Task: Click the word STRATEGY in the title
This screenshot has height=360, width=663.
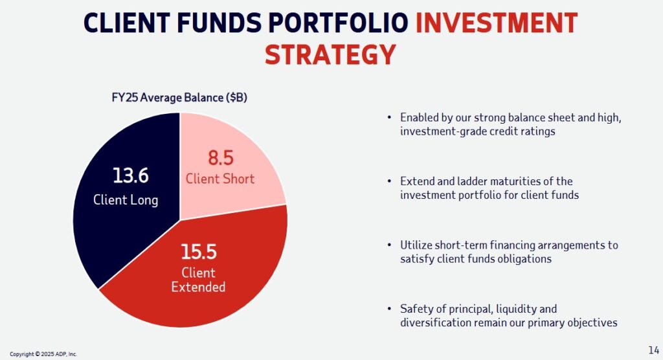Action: [330, 54]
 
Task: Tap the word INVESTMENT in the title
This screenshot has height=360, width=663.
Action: [497, 23]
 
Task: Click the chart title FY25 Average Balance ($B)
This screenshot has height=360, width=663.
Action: [179, 98]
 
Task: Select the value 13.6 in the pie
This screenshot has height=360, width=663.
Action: [130, 175]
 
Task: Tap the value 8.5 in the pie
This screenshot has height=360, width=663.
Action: [220, 158]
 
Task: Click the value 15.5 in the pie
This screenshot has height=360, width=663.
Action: [197, 251]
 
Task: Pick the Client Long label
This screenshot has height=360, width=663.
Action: [126, 199]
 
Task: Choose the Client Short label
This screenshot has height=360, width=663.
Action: [220, 179]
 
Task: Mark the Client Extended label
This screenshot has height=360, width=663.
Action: [198, 279]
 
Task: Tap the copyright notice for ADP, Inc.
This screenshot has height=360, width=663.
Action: [43, 354]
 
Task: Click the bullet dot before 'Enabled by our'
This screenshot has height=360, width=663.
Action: [388, 118]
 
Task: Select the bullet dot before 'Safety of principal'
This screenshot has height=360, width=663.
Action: [388, 309]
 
